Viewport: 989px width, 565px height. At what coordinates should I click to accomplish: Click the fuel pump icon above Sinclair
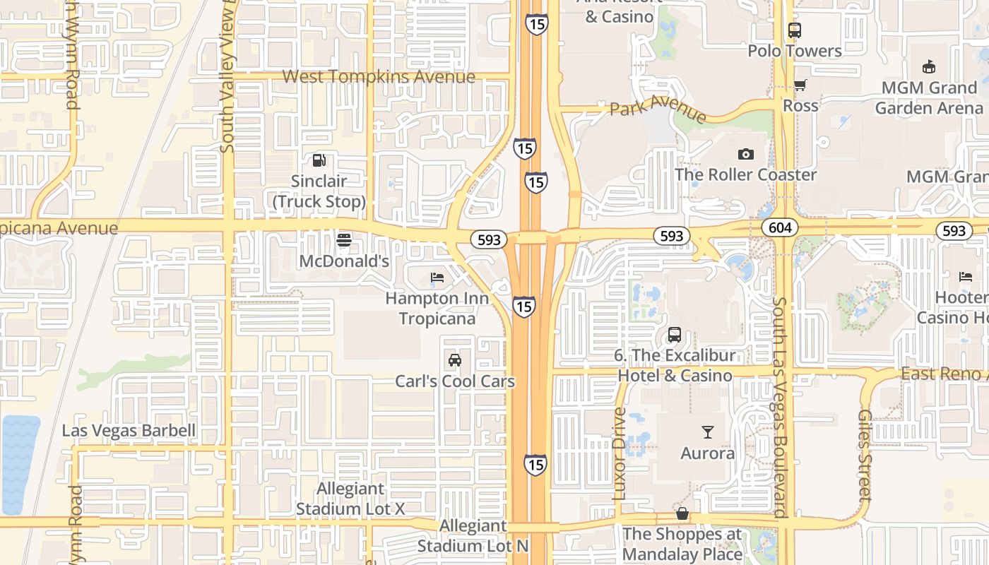[319, 160]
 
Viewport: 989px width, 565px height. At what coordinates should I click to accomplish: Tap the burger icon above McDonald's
[344, 240]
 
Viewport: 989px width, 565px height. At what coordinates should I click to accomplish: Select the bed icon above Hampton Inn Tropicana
[437, 278]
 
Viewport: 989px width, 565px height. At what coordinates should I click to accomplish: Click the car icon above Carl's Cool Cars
[455, 360]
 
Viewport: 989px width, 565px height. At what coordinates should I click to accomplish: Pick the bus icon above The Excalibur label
[675, 335]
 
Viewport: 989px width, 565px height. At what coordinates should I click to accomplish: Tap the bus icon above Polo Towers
[795, 30]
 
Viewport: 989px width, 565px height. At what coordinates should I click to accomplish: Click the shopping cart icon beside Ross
[800, 85]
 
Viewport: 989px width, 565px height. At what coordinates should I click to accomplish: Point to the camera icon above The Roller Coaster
[745, 154]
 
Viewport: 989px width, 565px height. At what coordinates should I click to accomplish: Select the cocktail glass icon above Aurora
[707, 432]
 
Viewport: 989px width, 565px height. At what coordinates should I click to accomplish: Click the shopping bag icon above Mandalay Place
[682, 513]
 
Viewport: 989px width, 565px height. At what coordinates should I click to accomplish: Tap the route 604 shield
[780, 227]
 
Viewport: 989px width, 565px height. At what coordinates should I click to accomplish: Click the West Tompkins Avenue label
[379, 76]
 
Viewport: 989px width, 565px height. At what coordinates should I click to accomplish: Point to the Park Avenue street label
[658, 109]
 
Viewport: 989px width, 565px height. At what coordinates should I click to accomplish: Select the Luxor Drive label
[620, 453]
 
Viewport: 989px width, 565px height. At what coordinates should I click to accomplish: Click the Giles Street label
[865, 455]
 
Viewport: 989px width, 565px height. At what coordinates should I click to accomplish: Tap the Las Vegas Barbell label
[129, 431]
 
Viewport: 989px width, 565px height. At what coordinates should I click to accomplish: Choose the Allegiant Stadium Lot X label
[350, 499]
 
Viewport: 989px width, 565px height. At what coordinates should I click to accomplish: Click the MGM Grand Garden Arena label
[929, 97]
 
